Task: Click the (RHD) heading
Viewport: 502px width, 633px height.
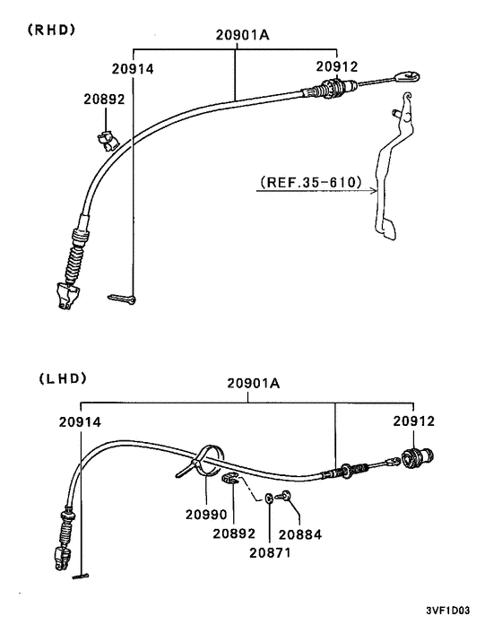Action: point(51,30)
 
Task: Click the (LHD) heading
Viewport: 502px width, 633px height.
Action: point(63,378)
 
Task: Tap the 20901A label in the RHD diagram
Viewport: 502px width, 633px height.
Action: point(242,35)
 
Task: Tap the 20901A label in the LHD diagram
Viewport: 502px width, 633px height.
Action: point(254,383)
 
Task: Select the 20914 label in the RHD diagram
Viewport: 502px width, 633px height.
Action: point(133,69)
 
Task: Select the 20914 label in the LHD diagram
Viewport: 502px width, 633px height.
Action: point(80,422)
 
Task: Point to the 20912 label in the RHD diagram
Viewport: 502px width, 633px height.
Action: point(337,66)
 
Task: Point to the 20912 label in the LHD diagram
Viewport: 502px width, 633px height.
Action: point(414,421)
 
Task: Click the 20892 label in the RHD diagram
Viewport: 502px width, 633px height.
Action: point(105,99)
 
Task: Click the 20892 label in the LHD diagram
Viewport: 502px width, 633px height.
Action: point(234,533)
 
